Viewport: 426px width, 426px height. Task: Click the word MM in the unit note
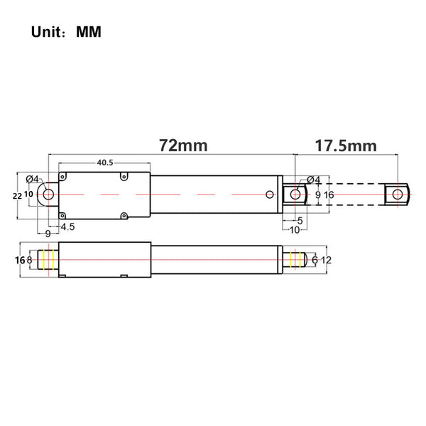[x=89, y=32]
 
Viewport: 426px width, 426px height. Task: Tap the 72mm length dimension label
[x=183, y=146]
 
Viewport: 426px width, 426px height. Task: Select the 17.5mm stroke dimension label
[x=346, y=146]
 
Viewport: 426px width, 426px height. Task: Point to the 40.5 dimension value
[x=105, y=163]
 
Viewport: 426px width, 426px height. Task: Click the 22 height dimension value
[x=17, y=196]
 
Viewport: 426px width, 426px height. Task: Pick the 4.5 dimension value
[x=67, y=226]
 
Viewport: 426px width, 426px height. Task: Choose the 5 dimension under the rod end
[x=300, y=221]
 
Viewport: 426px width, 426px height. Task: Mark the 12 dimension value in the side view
[x=327, y=261]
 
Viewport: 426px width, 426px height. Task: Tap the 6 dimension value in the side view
[x=315, y=261]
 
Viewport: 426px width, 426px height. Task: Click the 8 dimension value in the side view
[x=29, y=261]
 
